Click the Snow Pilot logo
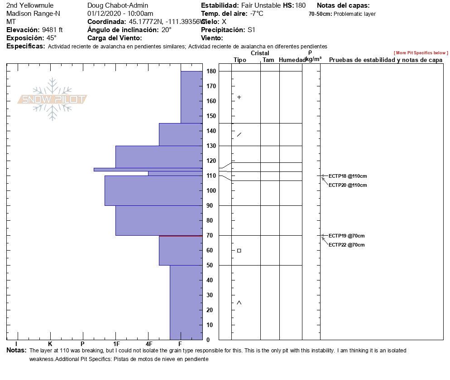tap(53, 99)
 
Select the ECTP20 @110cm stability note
tap(347, 185)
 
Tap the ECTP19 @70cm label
tap(346, 236)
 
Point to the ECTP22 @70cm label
tap(346, 245)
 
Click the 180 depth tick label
tap(211, 71)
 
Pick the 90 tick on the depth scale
tap(211, 206)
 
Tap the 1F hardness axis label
tap(116, 344)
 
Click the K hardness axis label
tap(50, 344)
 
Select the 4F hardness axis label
tap(148, 344)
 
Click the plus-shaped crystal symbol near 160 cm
tap(239, 97)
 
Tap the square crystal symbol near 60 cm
tap(239, 251)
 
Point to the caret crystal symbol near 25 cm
tap(239, 303)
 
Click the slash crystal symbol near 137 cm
tap(239, 134)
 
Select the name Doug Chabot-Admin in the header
tap(118, 5)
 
